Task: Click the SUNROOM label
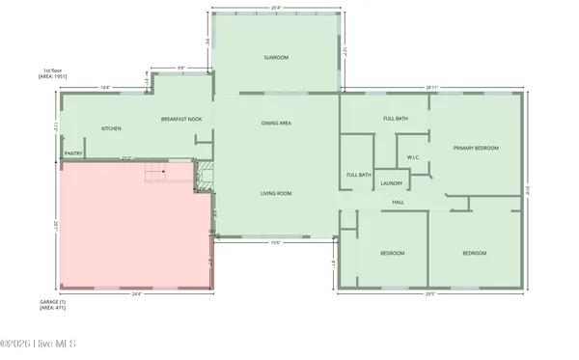tap(276, 58)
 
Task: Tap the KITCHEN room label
tap(112, 128)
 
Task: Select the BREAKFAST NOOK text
tap(180, 119)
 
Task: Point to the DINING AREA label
tap(277, 124)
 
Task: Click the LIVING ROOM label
tap(276, 193)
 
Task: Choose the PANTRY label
tap(72, 152)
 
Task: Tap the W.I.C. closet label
tap(413, 156)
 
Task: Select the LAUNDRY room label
tap(391, 183)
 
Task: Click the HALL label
tap(398, 202)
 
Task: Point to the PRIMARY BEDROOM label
tap(477, 148)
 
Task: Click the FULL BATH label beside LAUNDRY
tap(359, 175)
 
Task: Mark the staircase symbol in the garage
tap(155, 174)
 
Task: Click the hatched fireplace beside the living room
tap(204, 175)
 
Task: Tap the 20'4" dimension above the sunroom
tap(276, 8)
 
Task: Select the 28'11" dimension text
tap(432, 87)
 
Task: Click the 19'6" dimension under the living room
tap(275, 242)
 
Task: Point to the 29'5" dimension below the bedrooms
tap(430, 293)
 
